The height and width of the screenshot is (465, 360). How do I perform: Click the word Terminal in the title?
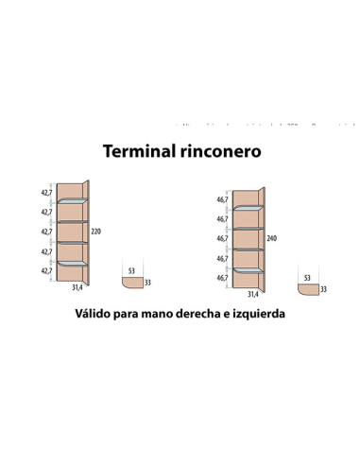(141, 151)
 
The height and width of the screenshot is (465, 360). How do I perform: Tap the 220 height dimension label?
(95, 232)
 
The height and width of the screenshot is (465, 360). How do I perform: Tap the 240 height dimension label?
(272, 238)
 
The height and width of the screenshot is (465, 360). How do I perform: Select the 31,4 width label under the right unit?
(253, 295)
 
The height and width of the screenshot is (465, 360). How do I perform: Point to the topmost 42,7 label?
(45, 192)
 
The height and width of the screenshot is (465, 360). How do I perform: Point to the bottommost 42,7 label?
(45, 271)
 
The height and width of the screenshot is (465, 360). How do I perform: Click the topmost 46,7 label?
(222, 199)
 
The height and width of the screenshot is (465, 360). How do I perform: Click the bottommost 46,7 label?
(222, 279)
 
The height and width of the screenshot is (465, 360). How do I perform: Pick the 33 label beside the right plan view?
(324, 289)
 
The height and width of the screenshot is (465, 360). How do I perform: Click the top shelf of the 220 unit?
(72, 201)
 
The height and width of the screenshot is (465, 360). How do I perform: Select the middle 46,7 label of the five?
(222, 239)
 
